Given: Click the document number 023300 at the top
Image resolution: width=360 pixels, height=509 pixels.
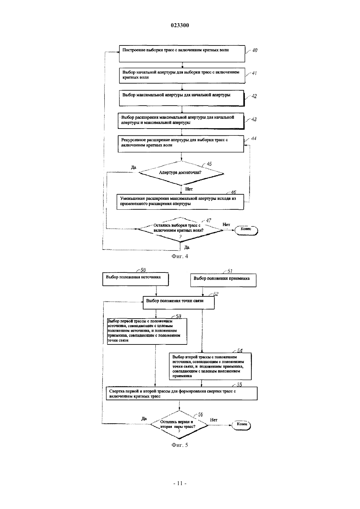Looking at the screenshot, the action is point(180,25).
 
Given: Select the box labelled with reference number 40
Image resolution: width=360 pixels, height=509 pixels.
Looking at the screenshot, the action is point(182,54).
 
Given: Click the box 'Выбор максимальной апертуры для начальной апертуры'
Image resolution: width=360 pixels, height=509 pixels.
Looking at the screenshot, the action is point(182,98).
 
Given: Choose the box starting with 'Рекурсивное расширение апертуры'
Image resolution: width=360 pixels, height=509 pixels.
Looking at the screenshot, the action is point(181,144).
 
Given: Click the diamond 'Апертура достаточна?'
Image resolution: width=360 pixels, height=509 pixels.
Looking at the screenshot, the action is point(181,173).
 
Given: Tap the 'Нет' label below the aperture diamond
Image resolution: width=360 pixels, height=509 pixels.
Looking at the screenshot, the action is point(189,189).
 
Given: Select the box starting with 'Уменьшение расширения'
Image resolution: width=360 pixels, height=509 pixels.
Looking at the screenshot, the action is point(180,202).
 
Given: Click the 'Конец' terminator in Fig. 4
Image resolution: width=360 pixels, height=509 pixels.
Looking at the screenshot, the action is point(246,230).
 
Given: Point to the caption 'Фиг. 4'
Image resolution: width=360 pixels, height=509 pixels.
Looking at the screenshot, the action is point(180,256).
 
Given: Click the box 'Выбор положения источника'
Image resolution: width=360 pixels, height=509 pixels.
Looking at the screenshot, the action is point(135,279).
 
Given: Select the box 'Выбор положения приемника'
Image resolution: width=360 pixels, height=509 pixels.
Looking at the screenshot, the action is point(223,280).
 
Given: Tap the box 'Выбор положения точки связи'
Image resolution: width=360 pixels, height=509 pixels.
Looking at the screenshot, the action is point(178,303).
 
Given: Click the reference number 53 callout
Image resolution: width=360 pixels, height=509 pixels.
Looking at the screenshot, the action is point(178,316).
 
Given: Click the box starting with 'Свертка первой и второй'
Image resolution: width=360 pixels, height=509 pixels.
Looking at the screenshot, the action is point(182,393).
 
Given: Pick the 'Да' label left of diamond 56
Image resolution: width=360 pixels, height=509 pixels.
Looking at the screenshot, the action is point(144,419).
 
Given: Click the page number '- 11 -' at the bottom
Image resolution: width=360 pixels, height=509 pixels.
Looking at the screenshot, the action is point(180,483).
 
